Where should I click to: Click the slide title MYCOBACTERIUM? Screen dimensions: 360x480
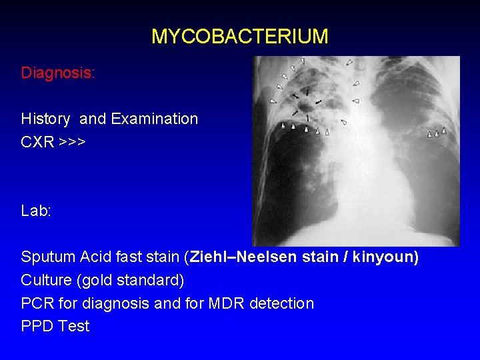pyautogui.click(x=239, y=36)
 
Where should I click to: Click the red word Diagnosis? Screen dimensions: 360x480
pyautogui.click(x=58, y=73)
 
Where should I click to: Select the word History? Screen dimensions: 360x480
pyautogui.click(x=45, y=119)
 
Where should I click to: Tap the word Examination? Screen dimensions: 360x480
pyautogui.click(x=154, y=119)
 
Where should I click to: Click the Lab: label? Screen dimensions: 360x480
pyautogui.click(x=36, y=211)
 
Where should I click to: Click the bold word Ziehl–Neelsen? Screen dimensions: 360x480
pyautogui.click(x=237, y=257)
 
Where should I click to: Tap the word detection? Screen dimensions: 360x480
pyautogui.click(x=281, y=303)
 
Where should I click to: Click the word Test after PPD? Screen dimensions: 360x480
pyautogui.click(x=73, y=326)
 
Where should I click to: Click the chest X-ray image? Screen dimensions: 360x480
pyautogui.click(x=356, y=151)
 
